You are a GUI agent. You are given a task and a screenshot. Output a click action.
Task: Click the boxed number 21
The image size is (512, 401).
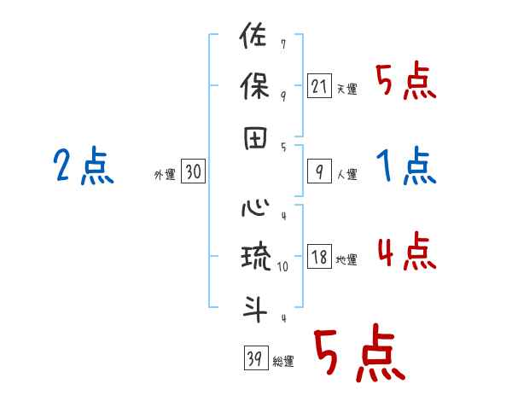tap(319, 86)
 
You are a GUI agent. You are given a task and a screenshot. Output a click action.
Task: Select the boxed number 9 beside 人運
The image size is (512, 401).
tap(319, 172)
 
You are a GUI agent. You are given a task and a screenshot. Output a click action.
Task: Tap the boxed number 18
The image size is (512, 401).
tap(319, 258)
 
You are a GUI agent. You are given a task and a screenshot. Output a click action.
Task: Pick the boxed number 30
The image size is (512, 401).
tap(193, 172)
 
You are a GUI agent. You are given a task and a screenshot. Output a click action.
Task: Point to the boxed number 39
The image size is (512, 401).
tap(253, 358)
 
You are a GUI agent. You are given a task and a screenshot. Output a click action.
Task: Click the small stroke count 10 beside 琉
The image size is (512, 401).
tap(283, 266)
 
